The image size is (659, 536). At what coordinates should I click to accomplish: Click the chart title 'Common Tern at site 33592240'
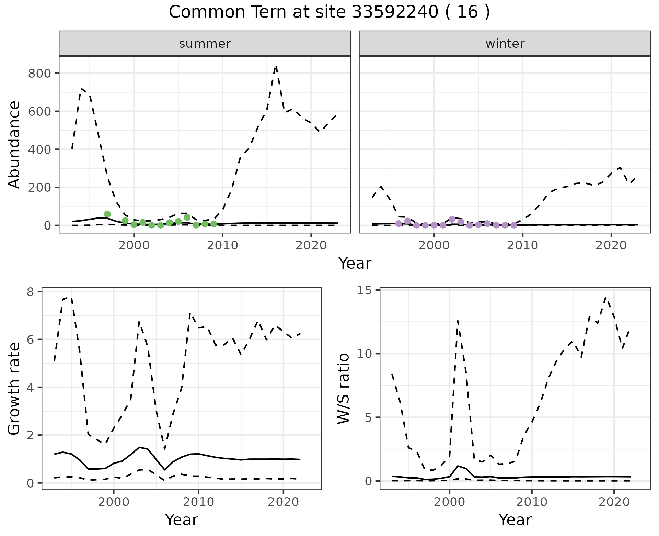[329, 12]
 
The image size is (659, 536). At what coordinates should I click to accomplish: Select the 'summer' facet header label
[205, 44]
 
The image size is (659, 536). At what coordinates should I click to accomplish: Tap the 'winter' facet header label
[505, 44]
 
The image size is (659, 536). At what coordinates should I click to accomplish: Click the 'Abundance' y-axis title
[14, 144]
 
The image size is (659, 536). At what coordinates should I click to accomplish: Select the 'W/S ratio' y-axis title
[344, 389]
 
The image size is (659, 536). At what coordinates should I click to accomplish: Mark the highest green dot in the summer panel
[107, 214]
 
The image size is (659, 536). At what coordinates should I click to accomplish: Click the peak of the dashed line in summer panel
[276, 67]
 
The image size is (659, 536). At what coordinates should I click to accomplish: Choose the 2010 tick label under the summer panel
[222, 246]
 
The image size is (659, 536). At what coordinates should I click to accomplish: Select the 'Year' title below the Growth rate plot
[182, 520]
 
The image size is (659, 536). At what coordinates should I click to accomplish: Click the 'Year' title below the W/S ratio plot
[515, 520]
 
